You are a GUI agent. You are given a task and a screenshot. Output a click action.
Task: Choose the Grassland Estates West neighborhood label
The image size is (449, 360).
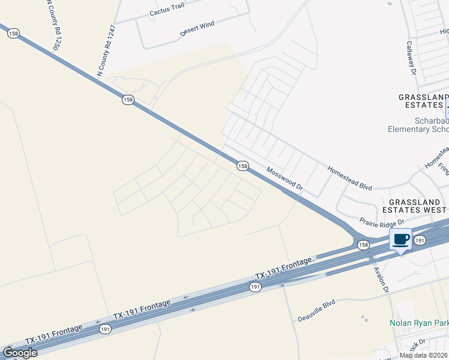[417, 206]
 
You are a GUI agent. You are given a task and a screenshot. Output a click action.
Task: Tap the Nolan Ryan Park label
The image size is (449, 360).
[419, 323]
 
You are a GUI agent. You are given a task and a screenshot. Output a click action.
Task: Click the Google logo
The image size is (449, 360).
[19, 352]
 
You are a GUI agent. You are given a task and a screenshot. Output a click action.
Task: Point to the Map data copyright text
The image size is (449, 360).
[423, 355]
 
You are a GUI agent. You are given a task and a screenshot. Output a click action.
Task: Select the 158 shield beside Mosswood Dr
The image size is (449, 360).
[243, 166]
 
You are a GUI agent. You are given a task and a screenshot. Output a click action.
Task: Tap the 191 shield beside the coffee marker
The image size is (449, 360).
[420, 240]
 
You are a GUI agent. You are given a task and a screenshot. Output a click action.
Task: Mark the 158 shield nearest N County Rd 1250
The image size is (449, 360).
[13, 34]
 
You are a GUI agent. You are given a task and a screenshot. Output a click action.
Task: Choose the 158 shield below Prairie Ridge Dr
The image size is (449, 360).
[363, 245]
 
